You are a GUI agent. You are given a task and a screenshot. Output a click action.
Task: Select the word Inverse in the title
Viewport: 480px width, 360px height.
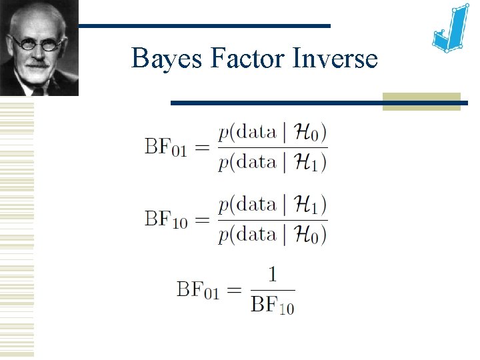pyautogui.click(x=335, y=59)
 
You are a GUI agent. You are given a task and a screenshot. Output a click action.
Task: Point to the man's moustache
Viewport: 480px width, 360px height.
pyautogui.click(x=38, y=64)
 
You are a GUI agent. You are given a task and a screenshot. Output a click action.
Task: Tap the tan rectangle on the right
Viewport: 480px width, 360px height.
pyautogui.click(x=421, y=101)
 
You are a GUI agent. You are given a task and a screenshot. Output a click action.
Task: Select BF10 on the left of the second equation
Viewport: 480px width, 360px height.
pyautogui.click(x=165, y=219)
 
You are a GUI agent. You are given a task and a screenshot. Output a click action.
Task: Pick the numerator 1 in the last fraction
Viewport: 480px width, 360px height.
pyautogui.click(x=272, y=275)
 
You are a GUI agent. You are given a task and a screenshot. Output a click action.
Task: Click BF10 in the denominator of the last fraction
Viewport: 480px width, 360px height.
pyautogui.click(x=273, y=305)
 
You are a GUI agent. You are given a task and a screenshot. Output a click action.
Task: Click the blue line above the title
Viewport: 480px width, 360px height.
pyautogui.click(x=203, y=26)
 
